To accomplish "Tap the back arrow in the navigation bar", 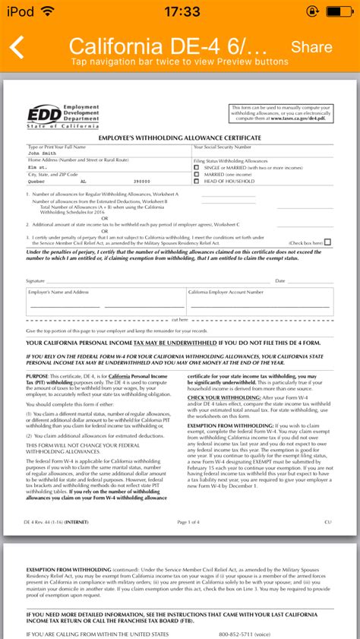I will (x=17, y=47).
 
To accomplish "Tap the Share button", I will (x=311, y=47).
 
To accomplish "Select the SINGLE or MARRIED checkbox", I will (x=197, y=168).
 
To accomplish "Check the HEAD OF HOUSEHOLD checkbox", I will (x=197, y=182).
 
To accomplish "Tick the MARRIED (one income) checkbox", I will (x=197, y=175).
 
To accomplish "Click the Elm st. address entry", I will (x=38, y=167).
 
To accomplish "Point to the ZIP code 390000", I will (x=142, y=182).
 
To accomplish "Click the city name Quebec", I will (x=37, y=182).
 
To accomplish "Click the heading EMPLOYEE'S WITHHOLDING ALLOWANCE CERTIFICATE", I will (x=180, y=138).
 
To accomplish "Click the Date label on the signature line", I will (x=280, y=280).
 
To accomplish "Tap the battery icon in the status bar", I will (x=340, y=11).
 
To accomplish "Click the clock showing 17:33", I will (x=180, y=11).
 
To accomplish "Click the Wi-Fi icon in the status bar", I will (x=49, y=11).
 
